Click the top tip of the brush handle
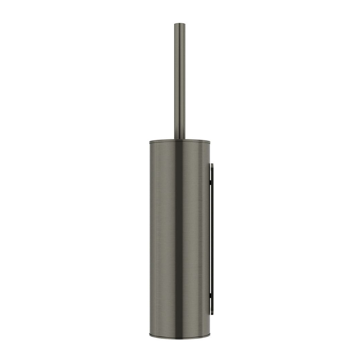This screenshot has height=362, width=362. [x=180, y=24]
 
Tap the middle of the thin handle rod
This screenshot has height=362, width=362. [x=180, y=80]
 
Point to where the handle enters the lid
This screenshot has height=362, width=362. [x=180, y=138]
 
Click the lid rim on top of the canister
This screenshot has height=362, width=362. [x=180, y=141]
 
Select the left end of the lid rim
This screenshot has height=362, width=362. [x=150, y=142]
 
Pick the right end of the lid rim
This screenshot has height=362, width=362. [x=210, y=142]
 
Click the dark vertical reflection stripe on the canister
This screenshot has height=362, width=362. [x=178, y=235]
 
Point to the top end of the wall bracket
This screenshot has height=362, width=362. [x=212, y=164]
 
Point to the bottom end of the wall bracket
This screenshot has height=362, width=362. [x=212, y=314]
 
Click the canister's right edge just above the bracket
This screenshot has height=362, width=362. [x=209, y=158]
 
